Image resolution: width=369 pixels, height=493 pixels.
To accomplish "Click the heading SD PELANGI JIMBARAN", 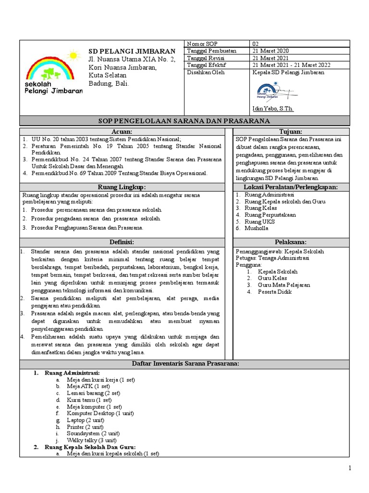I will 132,52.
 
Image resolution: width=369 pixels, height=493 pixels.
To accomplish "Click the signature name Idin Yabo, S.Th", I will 272,109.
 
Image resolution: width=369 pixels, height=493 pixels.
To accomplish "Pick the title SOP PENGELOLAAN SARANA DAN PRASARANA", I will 184,121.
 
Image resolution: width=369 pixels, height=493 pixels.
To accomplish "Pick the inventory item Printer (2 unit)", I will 85,427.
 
